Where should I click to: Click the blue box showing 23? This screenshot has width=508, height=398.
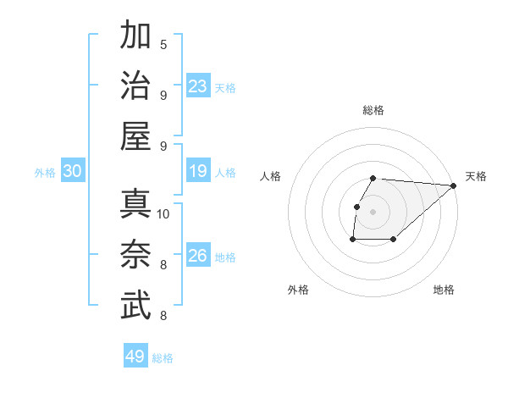tap(198, 86)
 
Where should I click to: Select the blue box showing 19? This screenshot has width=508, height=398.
tap(198, 171)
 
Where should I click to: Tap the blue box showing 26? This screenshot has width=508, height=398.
tap(198, 256)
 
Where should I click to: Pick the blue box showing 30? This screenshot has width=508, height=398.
tap(73, 171)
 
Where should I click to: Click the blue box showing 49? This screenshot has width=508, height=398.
tap(135, 357)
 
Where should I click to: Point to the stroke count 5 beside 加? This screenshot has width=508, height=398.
tap(163, 44)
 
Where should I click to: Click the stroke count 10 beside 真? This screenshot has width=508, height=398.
tap(163, 213)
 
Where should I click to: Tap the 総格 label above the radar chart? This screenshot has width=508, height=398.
tap(373, 110)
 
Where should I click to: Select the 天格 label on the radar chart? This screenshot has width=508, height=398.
tap(476, 176)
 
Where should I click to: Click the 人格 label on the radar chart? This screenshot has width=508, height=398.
tap(271, 176)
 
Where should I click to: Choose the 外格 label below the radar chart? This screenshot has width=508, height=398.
tap(298, 290)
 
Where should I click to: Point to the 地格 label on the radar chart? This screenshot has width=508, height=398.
tap(444, 290)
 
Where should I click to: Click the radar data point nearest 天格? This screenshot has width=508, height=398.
tap(454, 185)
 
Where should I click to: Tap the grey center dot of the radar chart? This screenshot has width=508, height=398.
tap(373, 212)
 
